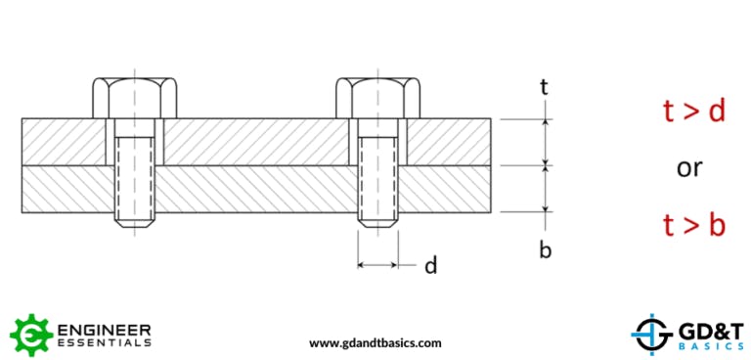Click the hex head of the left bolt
[135, 97]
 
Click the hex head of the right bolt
[377, 97]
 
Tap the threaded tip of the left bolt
[135, 221]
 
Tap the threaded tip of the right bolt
[377, 221]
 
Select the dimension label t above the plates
[545, 87]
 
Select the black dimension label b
[546, 249]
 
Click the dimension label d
[430, 265]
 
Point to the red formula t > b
[693, 226]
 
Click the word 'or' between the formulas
[690, 168]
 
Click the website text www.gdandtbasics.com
[375, 342]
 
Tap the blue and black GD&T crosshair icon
[646, 335]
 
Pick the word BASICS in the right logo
[703, 347]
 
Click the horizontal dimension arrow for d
[377, 264]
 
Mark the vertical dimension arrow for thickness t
[546, 142]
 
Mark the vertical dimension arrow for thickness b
[546, 188]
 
